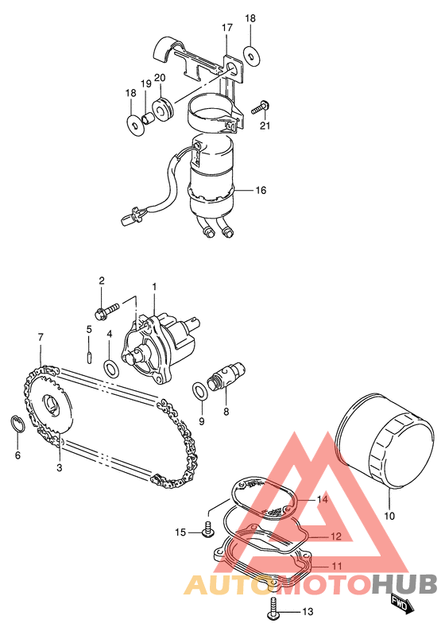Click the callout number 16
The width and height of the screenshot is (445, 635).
pos(261,190)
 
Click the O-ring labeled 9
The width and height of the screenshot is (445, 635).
pos(199,390)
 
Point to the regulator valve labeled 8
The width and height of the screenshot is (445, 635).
pos(226,376)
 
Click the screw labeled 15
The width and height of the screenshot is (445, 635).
pos(208,530)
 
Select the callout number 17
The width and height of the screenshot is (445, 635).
pos(227,28)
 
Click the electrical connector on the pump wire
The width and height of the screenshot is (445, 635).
pos(131,215)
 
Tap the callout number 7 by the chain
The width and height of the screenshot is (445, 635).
pos(41,336)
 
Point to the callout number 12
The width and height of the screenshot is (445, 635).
pos(336,536)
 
